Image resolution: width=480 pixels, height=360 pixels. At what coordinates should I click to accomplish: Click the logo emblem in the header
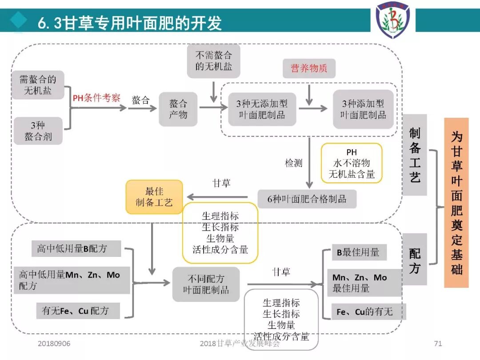(x=393, y=20)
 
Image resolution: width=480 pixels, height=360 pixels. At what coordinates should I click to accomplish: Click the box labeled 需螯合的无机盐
(x=38, y=85)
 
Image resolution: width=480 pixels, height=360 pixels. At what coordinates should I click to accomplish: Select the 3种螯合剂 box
(x=38, y=131)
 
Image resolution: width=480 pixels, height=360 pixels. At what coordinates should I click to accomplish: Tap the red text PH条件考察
(x=96, y=98)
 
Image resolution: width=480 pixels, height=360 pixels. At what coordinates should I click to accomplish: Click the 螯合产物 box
(x=178, y=109)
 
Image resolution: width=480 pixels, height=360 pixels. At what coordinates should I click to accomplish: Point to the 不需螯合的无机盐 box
(x=213, y=61)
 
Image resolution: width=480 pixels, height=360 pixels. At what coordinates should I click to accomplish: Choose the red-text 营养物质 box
(x=309, y=68)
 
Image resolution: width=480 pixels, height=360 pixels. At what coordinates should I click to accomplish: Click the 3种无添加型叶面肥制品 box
(x=262, y=109)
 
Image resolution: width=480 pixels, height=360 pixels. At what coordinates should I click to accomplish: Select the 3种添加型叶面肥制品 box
(x=363, y=109)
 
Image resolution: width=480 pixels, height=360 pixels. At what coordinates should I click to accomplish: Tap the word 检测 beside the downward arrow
(x=293, y=163)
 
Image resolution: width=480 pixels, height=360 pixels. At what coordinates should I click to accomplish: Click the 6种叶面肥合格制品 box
(x=307, y=199)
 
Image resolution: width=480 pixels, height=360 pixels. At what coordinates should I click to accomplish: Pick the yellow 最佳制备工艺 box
(x=154, y=197)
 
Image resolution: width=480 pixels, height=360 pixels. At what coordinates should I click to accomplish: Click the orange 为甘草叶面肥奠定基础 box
(x=456, y=203)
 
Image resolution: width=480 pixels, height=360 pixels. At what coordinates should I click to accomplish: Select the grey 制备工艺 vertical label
(x=415, y=155)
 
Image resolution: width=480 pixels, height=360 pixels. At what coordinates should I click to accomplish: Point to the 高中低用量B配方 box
(x=72, y=249)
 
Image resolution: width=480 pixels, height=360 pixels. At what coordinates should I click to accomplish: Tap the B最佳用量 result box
(x=359, y=252)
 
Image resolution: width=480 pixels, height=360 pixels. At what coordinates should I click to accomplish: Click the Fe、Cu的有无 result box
(x=365, y=312)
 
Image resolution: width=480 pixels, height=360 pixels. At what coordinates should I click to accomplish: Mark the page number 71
(x=438, y=344)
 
